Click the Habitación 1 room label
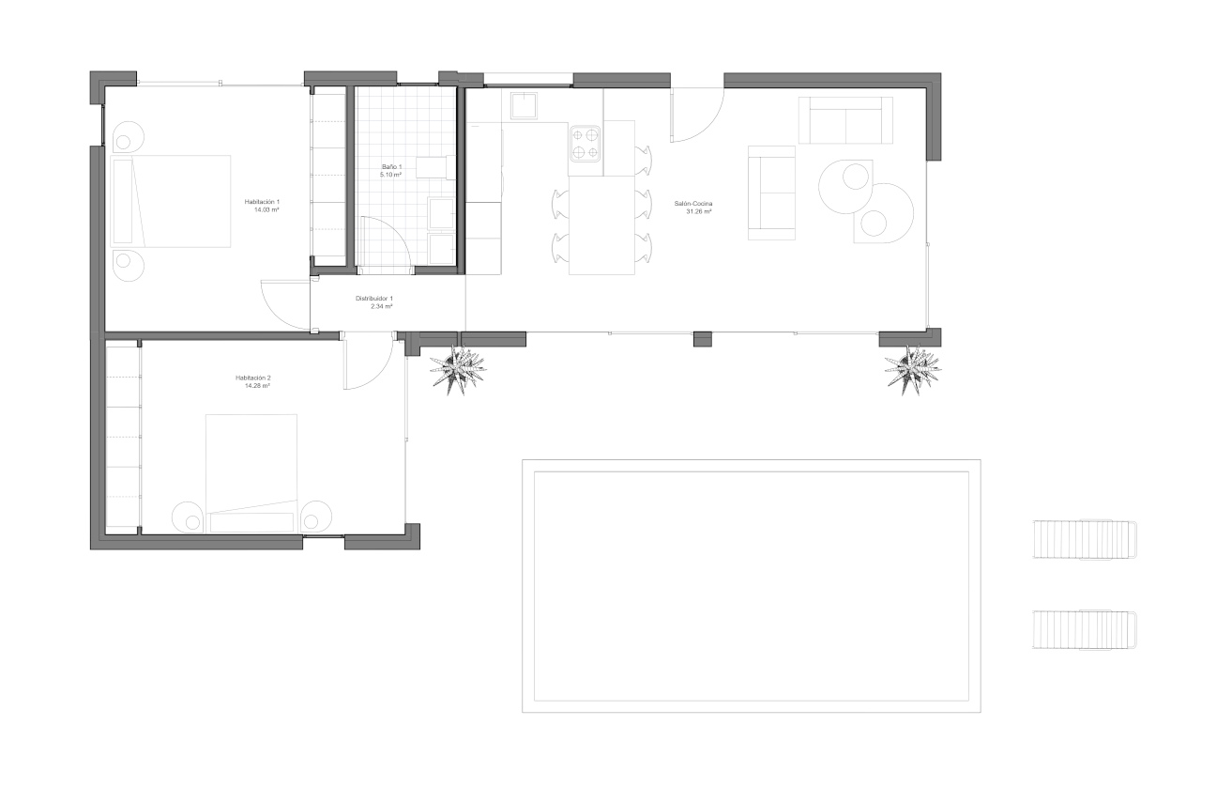coord(263,202)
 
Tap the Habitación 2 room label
coord(253,378)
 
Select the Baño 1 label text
coord(391,166)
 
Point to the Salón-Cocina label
coord(692,204)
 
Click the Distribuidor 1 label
coord(373,299)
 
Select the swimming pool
coord(751,585)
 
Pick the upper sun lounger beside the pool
coord(1085,539)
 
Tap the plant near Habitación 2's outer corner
coord(458,369)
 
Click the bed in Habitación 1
coord(171,201)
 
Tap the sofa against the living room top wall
coord(845,119)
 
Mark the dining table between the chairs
coord(601,225)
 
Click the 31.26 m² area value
coord(698,212)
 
